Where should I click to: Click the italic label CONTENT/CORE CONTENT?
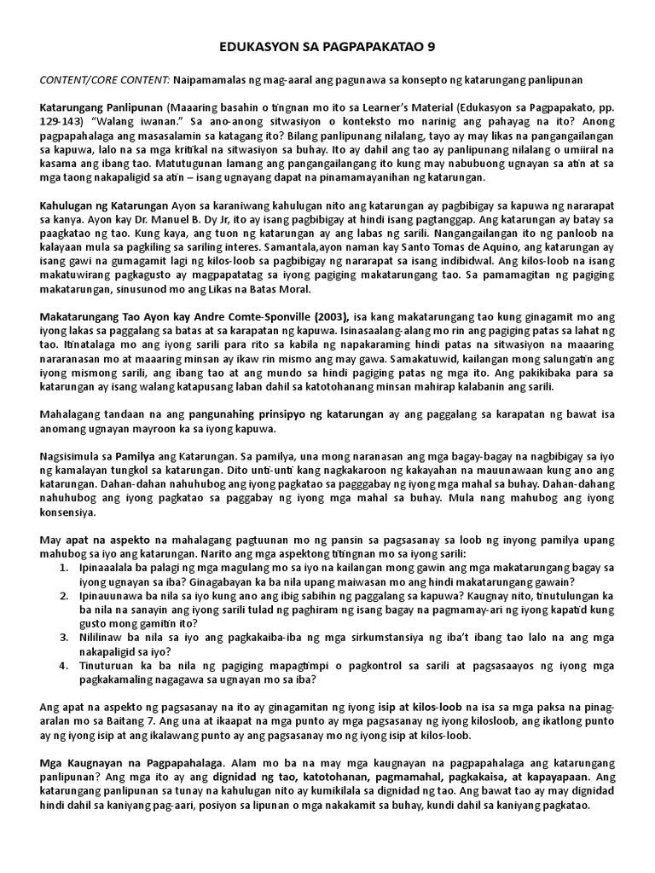[x=104, y=79]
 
